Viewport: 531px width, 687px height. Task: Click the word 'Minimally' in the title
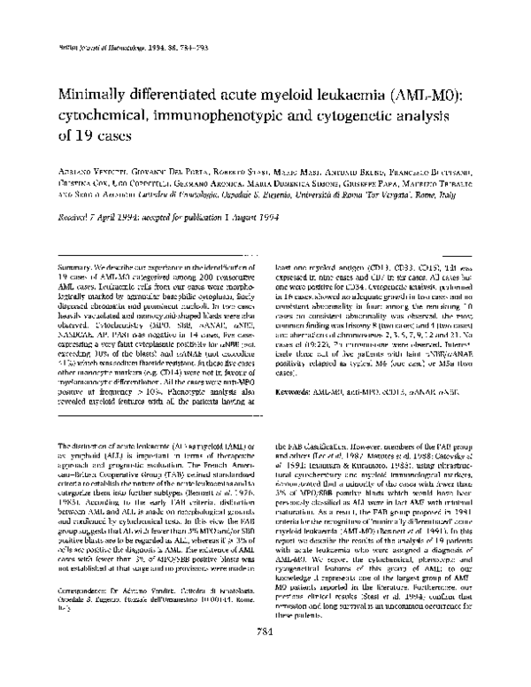point(94,96)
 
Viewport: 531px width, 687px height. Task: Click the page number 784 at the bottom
point(265,654)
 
